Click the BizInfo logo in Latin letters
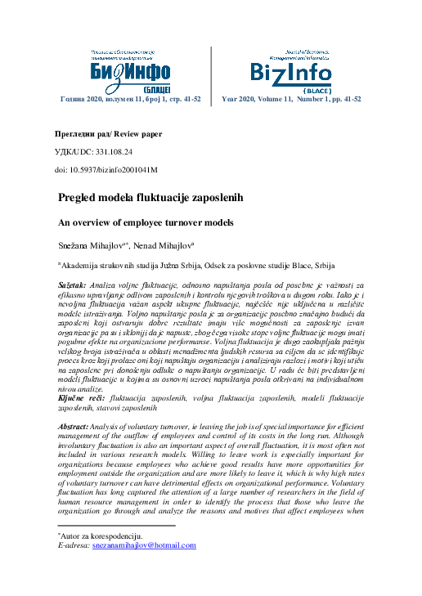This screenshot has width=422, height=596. [x=292, y=70]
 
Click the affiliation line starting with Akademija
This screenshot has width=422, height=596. [x=196, y=266]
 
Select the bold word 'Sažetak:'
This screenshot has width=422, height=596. [x=74, y=283]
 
